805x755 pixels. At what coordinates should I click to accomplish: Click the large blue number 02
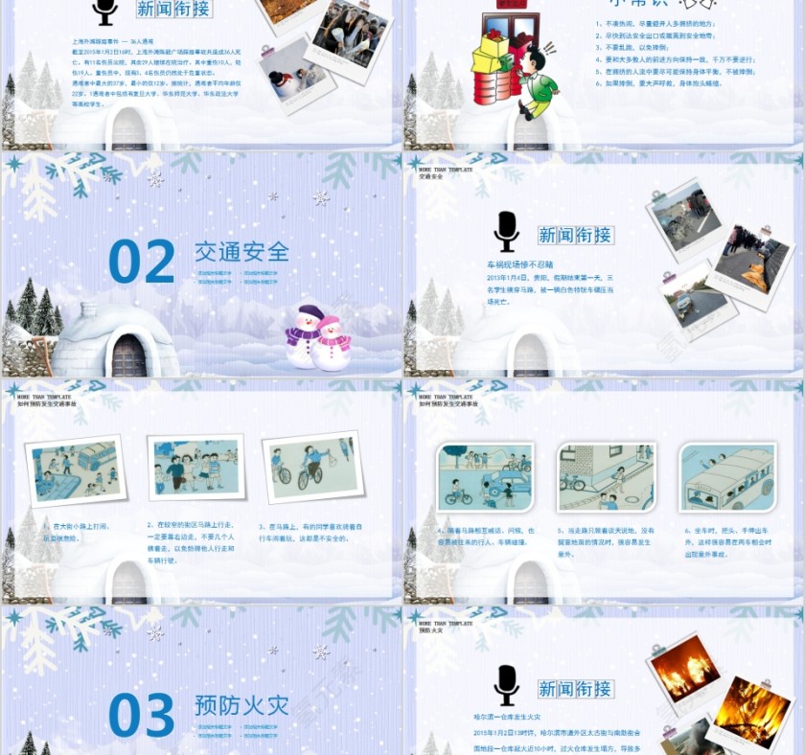click(x=141, y=262)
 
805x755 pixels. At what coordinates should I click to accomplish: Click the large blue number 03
click(x=141, y=716)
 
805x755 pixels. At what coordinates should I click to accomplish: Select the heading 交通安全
click(x=241, y=252)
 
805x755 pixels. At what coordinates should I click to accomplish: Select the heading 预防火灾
click(x=241, y=706)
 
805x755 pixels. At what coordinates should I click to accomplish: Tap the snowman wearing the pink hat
click(x=333, y=343)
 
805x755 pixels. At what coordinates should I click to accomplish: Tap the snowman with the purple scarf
click(x=306, y=335)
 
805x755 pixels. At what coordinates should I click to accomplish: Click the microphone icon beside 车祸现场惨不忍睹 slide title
click(x=506, y=232)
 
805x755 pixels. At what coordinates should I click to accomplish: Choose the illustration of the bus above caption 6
click(x=727, y=476)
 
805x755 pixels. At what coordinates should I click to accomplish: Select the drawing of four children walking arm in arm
click(x=196, y=468)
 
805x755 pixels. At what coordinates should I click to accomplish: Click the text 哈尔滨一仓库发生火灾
click(x=507, y=717)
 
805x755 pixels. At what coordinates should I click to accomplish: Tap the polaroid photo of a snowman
click(x=292, y=76)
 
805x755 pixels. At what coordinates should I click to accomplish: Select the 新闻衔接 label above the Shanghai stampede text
click(x=173, y=10)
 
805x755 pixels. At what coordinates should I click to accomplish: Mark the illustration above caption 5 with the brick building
click(x=606, y=476)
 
